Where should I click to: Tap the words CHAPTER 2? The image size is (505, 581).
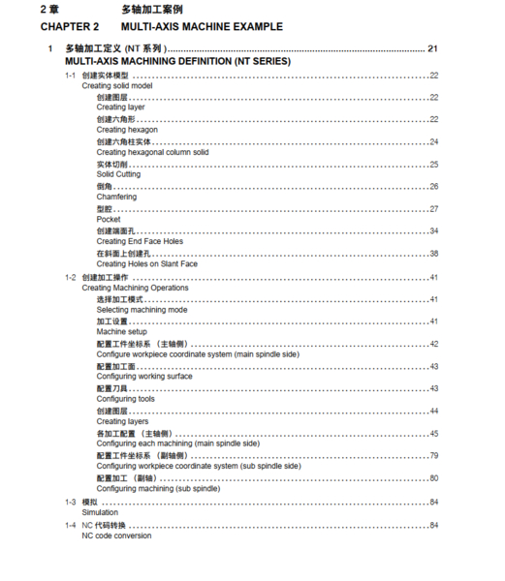pos(70,26)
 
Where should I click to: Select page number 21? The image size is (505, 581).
pos(433,47)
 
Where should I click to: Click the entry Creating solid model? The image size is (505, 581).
pos(117,85)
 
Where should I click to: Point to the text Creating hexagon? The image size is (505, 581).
pos(127,130)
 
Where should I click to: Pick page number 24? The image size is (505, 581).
pos(434,141)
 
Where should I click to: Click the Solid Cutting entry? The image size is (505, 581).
pos(118,174)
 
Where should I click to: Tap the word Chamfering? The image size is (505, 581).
pos(116,197)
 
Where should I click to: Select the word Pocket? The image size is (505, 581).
pos(109,219)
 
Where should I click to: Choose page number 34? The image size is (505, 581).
pos(434,230)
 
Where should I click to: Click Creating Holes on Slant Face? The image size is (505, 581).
pos(147,263)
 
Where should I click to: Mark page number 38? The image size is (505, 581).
pos(434,253)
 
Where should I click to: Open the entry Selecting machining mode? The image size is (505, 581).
pos(142,310)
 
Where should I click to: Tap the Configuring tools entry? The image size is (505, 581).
pos(125,399)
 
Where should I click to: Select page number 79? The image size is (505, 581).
pos(434,455)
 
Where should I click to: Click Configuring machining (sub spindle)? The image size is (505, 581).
pos(157,489)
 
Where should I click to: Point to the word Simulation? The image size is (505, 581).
pos(100,512)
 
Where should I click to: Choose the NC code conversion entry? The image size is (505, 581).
pos(116,535)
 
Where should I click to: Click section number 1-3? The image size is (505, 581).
pos(70,502)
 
